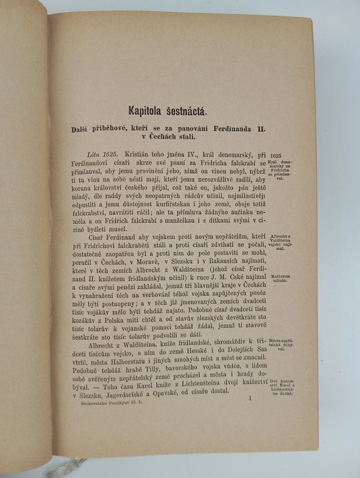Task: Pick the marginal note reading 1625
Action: point(276,155)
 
